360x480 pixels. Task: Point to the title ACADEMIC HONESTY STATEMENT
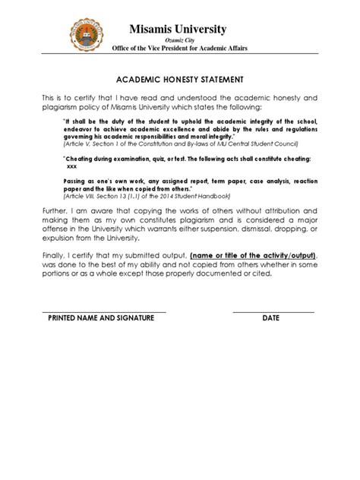[180, 78]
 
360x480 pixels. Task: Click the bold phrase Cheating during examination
[118, 158]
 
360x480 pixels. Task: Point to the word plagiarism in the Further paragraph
[205, 226]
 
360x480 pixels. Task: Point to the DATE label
[272, 318]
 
